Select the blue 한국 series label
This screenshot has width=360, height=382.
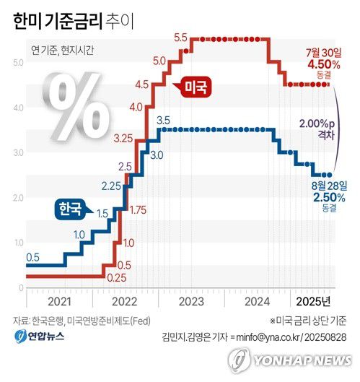coord(71,209)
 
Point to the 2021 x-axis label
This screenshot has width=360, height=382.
coord(61,300)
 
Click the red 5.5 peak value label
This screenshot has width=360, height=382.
coord(180,37)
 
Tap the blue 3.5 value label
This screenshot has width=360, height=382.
coord(163,120)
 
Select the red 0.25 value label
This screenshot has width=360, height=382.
coord(115,277)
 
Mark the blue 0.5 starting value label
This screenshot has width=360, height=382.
coord(33,257)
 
